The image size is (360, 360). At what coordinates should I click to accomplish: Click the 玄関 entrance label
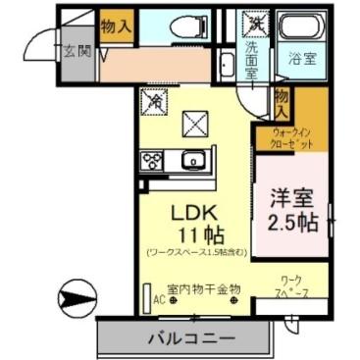(x=78, y=51)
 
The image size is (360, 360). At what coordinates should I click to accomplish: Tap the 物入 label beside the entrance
(x=116, y=25)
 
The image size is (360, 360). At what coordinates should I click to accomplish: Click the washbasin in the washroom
(x=227, y=67)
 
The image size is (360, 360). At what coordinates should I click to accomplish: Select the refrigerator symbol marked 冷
(x=155, y=100)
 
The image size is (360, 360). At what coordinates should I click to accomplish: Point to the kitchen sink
(x=193, y=159)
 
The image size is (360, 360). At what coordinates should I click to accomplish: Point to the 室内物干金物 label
(x=202, y=289)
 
